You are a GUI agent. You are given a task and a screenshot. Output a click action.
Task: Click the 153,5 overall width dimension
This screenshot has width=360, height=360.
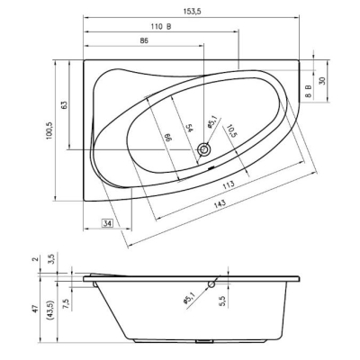tap(192, 12)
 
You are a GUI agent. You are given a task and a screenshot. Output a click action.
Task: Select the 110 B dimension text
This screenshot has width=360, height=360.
tap(161, 27)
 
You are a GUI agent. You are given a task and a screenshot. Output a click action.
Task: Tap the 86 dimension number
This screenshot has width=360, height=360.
tap(144, 40)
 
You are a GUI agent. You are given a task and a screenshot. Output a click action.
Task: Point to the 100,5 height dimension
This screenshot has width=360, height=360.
tap(49, 130)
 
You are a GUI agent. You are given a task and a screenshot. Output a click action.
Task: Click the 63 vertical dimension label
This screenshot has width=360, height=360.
tap(64, 104)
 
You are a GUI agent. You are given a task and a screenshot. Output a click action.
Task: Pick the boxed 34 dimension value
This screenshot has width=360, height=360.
tap(108, 223)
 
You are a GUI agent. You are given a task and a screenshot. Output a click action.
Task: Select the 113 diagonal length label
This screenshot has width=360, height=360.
tap(229, 184)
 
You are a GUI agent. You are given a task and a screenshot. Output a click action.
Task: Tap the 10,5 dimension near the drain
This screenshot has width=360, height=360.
tap(230, 130)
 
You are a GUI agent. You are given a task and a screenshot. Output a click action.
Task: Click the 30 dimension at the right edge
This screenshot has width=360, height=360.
tap(322, 81)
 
